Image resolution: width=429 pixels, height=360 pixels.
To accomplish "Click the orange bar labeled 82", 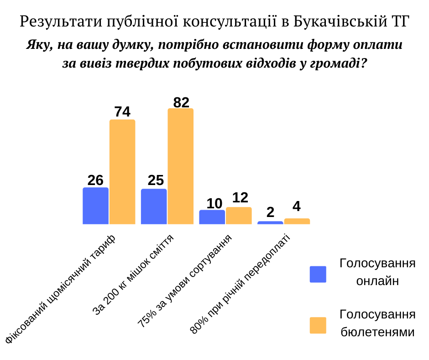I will [x=181, y=166].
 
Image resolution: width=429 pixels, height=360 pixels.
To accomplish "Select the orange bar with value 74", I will [x=122, y=172].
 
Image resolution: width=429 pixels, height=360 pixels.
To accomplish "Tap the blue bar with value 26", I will [x=95, y=206].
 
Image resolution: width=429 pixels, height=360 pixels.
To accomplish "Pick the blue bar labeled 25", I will [x=154, y=206].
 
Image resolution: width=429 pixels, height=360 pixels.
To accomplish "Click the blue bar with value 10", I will [x=212, y=217].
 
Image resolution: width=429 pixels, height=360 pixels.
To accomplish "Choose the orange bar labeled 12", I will [x=239, y=216].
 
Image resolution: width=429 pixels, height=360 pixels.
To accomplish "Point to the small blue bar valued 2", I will [x=270, y=222].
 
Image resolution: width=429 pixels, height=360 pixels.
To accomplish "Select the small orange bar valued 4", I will [x=297, y=221].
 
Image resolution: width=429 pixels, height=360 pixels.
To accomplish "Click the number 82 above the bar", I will [x=181, y=102].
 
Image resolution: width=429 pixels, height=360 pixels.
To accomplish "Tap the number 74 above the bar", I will [x=122, y=112].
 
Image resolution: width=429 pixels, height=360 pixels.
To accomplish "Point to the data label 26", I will [x=95, y=180].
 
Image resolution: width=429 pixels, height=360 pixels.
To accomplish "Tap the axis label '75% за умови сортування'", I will [x=185, y=281].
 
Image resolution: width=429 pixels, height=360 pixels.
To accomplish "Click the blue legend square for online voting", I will [x=318, y=274].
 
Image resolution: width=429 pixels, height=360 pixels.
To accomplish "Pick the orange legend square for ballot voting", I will [x=318, y=325].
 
